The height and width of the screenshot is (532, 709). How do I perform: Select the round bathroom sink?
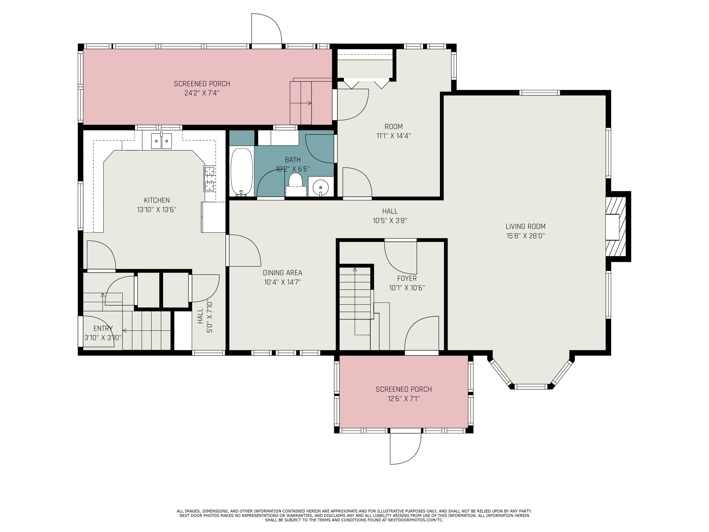(x=320, y=186)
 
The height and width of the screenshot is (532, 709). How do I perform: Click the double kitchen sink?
(x=162, y=141)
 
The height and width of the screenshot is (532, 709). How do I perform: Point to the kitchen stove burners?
(x=209, y=178)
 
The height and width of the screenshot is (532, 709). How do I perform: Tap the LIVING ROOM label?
(x=525, y=227)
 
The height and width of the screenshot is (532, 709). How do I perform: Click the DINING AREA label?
(x=282, y=273)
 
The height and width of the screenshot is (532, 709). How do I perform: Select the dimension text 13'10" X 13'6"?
(x=156, y=210)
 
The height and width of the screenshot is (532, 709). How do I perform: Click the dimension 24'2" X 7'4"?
(x=202, y=93)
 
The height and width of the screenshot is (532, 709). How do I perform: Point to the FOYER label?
(x=407, y=278)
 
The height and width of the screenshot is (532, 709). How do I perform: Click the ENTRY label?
(x=103, y=328)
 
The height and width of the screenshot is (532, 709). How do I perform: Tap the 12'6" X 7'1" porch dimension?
(x=404, y=399)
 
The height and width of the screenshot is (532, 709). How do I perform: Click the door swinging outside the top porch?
(x=266, y=30)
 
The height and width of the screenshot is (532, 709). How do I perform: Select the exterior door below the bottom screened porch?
(x=405, y=448)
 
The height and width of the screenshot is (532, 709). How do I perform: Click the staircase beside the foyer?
(x=355, y=295)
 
